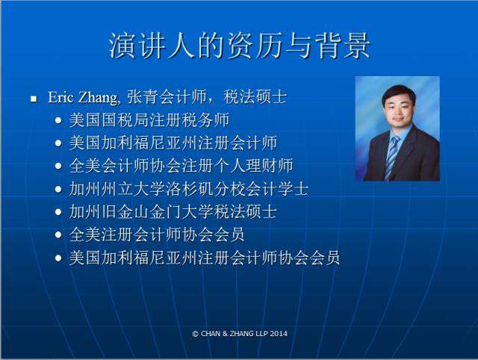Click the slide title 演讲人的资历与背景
[239, 46]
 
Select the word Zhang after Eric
[98, 98]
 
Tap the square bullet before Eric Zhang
[34, 99]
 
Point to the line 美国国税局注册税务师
[149, 120]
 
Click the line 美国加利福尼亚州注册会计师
[173, 143]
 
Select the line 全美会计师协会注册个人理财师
[181, 166]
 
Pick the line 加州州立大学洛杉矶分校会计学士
[189, 189]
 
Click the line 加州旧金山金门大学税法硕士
[173, 211]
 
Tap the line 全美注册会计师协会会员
[157, 235]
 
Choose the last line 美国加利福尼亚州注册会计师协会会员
[205, 258]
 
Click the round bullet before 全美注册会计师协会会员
[58, 235]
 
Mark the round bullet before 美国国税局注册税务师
[58, 120]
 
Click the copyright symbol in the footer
[196, 334]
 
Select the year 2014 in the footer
[279, 333]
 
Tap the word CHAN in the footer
[211, 333]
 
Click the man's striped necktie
[391, 158]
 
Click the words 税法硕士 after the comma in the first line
[255, 97]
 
